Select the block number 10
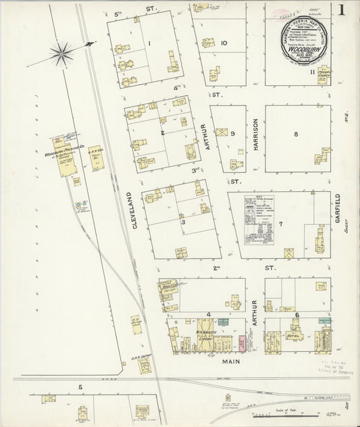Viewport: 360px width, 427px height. click(223, 44)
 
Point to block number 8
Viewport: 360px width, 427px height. click(295, 134)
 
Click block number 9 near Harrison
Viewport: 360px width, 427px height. click(232, 134)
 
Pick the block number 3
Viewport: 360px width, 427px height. click(182, 221)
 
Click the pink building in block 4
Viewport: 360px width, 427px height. click(240, 343)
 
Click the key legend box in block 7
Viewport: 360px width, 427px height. click(261, 220)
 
